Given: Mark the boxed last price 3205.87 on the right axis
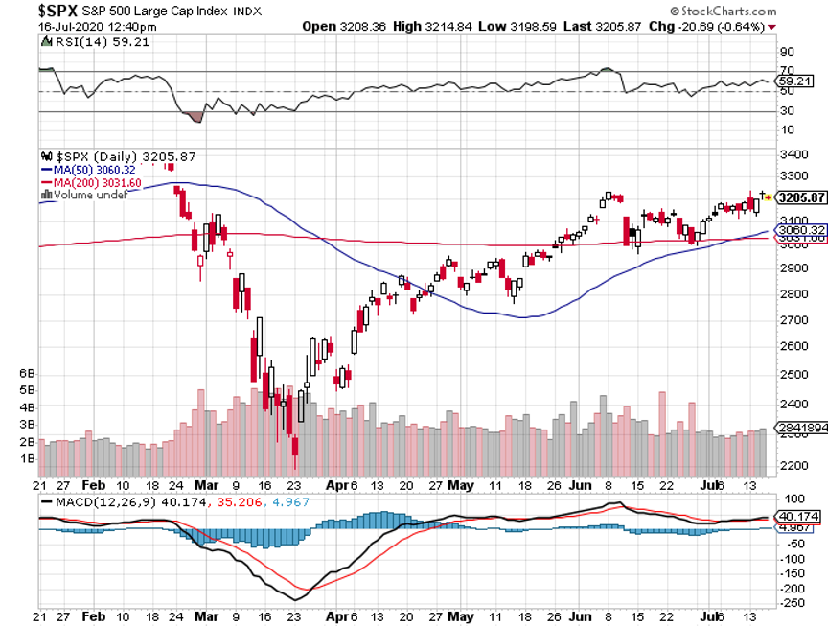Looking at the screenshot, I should click(800, 197).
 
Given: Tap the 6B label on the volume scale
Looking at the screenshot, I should click(28, 372).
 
